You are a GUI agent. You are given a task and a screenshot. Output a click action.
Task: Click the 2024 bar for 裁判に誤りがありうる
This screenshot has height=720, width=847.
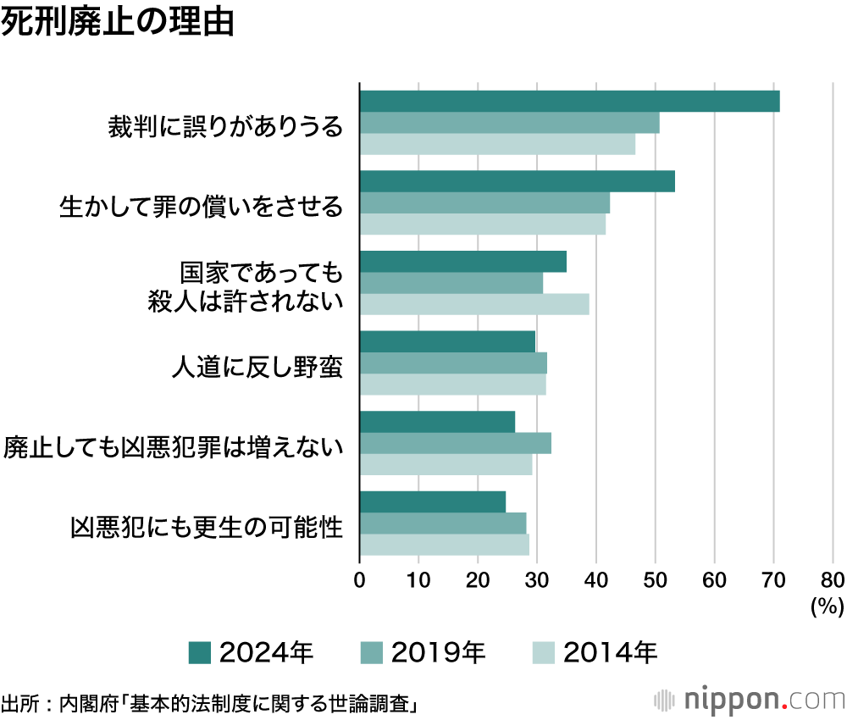(569, 101)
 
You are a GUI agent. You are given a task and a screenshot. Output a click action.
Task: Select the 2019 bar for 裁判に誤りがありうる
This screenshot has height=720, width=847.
(509, 123)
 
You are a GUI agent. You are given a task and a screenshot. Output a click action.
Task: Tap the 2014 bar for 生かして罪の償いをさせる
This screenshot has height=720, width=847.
(483, 224)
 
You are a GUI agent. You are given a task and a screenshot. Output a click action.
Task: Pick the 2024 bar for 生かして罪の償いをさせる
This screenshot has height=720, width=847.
(517, 181)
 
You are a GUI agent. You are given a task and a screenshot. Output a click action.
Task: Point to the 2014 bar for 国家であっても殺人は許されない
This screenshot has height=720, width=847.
(474, 304)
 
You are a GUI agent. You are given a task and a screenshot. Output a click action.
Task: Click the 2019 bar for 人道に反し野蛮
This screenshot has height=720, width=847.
(453, 363)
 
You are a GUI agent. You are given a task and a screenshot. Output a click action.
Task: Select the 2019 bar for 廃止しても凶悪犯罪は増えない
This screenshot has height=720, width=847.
(456, 443)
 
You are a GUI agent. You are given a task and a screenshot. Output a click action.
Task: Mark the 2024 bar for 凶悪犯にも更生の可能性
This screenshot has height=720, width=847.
(432, 501)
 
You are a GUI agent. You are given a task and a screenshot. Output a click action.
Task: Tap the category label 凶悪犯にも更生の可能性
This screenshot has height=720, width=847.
(207, 528)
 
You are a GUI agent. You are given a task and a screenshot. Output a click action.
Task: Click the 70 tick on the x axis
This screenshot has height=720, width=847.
(773, 580)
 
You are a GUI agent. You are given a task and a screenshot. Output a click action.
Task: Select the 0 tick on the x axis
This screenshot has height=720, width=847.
(360, 580)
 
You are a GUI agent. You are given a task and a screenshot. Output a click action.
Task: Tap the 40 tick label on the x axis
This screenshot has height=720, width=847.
(596, 580)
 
